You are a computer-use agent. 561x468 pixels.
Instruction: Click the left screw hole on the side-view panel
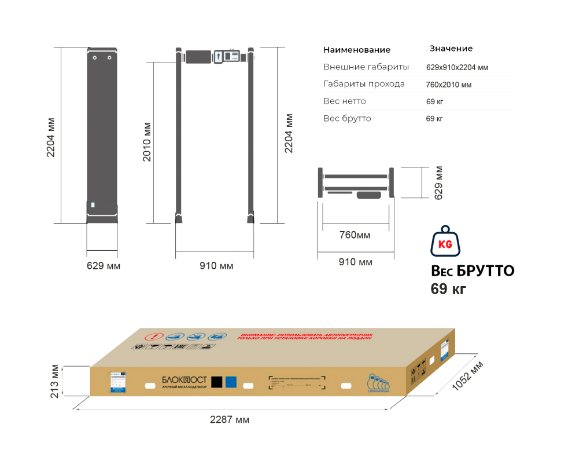95,57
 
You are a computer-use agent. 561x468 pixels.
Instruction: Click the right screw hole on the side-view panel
109,57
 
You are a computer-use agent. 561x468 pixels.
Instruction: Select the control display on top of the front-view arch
227,56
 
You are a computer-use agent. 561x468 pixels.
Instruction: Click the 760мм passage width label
355,235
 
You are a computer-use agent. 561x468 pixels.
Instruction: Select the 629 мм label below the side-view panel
104,266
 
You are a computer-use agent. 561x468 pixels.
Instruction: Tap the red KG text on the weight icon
445,244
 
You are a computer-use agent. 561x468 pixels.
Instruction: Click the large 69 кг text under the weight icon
448,289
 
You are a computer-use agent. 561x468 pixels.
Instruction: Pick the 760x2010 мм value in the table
449,85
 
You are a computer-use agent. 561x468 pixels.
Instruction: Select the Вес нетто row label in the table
345,102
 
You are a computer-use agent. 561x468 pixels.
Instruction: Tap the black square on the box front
217,381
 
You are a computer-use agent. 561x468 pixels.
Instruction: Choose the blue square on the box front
231,381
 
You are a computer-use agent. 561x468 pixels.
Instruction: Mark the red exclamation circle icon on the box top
154,337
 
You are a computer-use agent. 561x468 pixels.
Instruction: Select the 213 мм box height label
56,381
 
